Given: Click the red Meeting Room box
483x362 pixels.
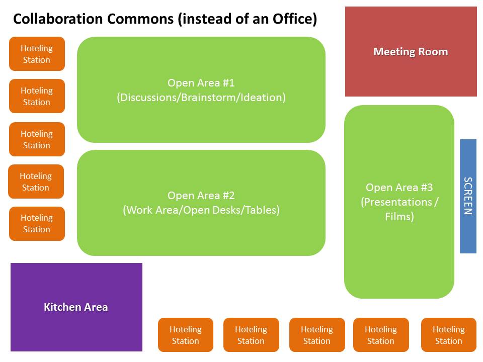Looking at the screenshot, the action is point(411,51).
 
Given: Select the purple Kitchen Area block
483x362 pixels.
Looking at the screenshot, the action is point(76,307).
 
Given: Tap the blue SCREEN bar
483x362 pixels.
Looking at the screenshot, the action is point(468,196).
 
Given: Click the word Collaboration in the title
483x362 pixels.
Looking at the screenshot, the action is point(58,19).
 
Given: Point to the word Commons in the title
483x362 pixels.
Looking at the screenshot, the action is point(140,19).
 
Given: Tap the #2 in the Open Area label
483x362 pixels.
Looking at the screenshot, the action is point(228,195).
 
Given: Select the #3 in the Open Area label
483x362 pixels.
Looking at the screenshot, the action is point(427,187).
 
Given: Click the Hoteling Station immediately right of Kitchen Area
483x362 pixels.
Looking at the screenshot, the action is point(186,335).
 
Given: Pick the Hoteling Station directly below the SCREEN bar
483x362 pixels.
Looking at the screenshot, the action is point(448,335).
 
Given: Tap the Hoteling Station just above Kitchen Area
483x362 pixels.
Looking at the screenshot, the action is point(37,223).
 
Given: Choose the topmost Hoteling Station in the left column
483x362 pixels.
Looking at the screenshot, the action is point(37,54).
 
